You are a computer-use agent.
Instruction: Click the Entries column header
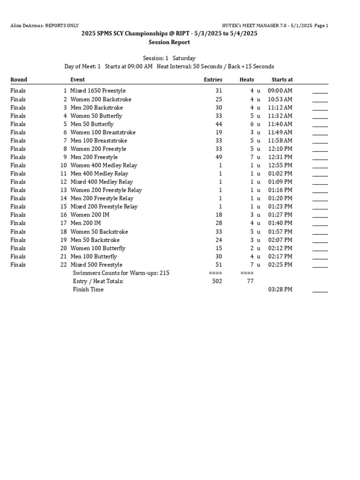point(213,80)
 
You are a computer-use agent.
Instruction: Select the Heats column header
point(247,80)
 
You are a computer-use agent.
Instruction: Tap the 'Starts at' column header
point(282,80)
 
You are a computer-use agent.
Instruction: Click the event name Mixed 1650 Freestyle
point(98,91)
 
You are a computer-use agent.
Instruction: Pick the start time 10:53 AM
point(280,99)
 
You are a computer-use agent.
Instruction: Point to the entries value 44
point(219,124)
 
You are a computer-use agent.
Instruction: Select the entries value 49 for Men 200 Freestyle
point(219,157)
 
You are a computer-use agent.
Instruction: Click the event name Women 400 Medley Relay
point(104,165)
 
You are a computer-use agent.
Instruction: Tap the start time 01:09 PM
point(280,182)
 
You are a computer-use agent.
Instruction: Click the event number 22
point(63,265)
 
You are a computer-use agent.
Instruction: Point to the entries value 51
point(219,265)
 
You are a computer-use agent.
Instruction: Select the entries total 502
point(217,281)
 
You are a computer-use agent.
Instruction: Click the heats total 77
point(250,281)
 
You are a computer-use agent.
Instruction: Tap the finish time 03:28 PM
point(280,290)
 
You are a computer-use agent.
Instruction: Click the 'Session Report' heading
point(169,42)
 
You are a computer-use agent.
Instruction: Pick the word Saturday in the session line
point(184,58)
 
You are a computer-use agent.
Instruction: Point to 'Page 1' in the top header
point(322,26)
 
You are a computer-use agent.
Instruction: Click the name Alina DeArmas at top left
point(26,26)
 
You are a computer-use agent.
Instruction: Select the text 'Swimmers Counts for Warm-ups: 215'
point(121,273)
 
